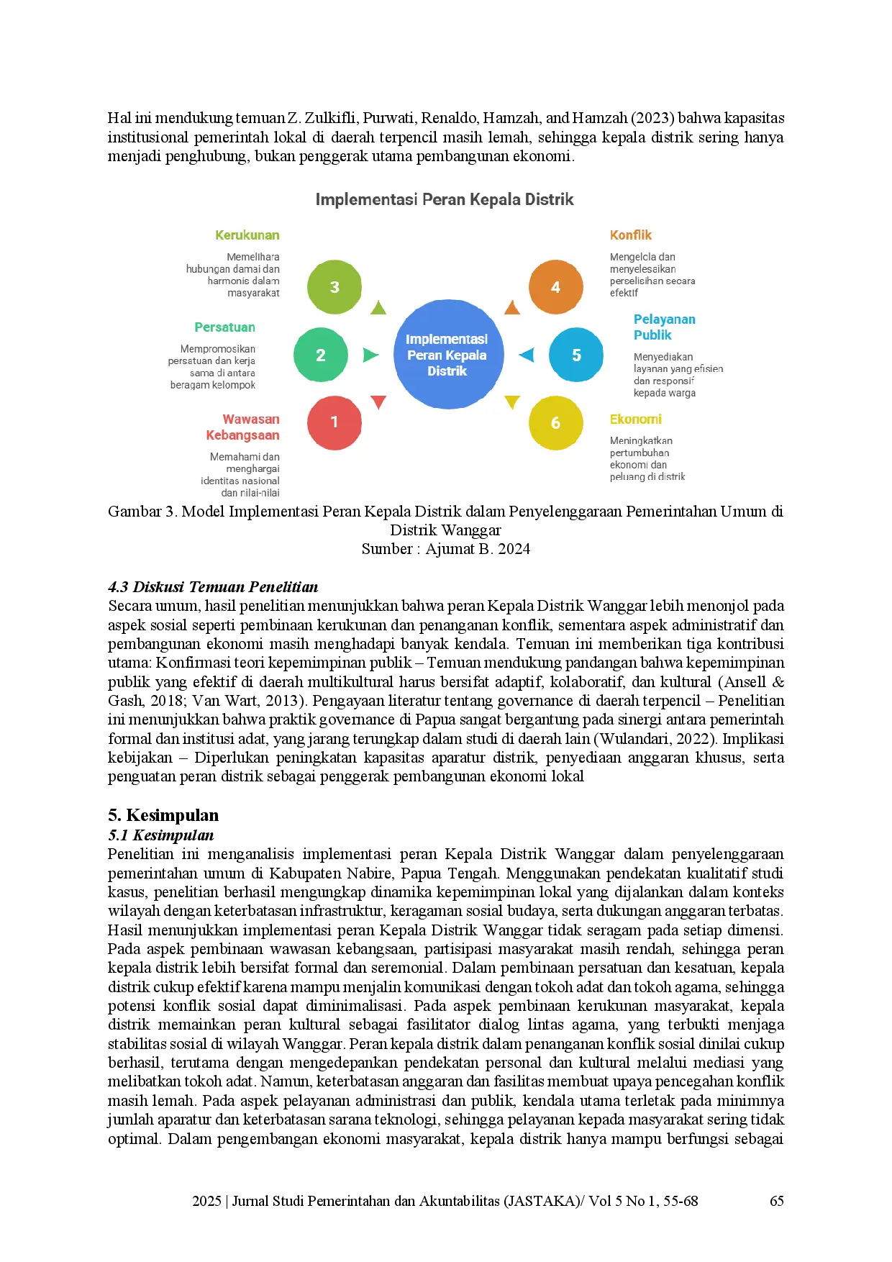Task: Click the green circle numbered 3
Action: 334,287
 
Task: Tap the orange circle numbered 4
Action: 555,287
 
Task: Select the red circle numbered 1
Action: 334,422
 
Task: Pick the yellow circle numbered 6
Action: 555,422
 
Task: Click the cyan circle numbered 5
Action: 576,355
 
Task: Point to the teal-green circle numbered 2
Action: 321,355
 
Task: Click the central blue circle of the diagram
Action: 447,354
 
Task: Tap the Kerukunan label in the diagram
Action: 247,235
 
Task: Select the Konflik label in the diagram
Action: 631,235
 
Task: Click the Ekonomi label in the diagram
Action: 636,419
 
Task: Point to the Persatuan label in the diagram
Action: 224,327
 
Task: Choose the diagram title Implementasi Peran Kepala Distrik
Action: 445,199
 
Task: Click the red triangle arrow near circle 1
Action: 378,401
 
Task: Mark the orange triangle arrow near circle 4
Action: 512,308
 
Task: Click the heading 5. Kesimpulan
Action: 163,815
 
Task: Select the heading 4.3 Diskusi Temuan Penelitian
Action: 213,587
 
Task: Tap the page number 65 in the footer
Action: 777,1201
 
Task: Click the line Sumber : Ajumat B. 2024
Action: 446,549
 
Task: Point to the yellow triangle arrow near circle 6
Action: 512,401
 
